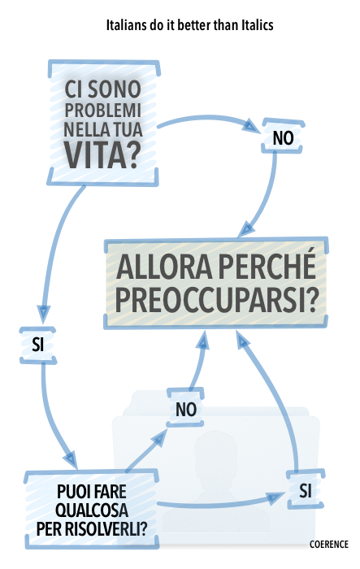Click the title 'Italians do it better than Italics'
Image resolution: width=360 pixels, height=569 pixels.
pos(189,25)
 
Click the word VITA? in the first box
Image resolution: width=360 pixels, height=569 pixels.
pos(102,155)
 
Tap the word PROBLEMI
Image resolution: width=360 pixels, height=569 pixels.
pos(102,111)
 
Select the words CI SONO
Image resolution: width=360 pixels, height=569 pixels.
pos(102,89)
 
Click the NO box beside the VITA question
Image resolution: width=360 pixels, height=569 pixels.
pos(283,136)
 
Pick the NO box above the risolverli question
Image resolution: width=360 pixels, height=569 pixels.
pos(185,407)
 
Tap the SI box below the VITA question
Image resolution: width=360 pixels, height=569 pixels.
pos(37,345)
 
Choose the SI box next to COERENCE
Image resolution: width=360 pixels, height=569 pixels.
pos(306,489)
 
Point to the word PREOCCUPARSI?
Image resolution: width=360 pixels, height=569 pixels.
pos(216,300)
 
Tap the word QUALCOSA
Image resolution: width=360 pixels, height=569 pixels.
pos(92,510)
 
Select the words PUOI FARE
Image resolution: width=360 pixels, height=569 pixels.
pos(92,492)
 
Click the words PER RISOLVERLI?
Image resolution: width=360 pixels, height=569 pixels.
pos(92,529)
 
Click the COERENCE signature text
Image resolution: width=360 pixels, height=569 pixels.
pos(329,545)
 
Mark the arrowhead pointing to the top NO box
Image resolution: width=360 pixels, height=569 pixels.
pos(251,126)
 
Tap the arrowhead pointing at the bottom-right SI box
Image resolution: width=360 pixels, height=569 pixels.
pos(275,497)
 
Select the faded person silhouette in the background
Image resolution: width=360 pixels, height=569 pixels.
pos(217,479)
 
